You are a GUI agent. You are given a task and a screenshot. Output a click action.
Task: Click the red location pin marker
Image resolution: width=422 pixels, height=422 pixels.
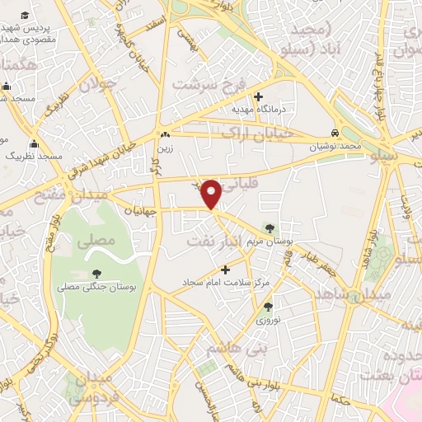[x=212, y=194]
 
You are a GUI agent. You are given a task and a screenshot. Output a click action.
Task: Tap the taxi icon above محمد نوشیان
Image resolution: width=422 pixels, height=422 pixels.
[x=335, y=133]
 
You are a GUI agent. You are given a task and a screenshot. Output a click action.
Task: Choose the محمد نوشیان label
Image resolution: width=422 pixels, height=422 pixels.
[x=337, y=146]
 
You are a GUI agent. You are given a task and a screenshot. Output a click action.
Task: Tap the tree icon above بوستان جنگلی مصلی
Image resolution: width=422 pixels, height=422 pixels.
[x=97, y=274]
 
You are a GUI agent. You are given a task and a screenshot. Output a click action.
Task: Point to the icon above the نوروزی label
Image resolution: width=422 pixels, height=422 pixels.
[x=268, y=306]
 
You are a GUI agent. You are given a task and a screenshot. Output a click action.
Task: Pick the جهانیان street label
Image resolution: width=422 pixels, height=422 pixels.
[x=142, y=210]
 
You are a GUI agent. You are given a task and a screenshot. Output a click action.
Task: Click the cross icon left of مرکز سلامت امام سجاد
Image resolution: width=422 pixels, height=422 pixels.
[x=225, y=269]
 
